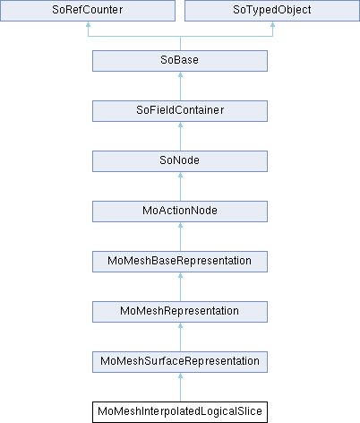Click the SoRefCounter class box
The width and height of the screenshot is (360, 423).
point(88,11)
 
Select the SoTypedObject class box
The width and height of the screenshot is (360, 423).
point(272,11)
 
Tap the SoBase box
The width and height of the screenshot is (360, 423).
point(180,61)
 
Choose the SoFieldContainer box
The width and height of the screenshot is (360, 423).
point(180,111)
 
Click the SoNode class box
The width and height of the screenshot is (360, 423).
point(180,161)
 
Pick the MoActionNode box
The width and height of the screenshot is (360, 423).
point(180,211)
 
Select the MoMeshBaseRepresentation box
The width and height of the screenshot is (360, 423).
point(180,262)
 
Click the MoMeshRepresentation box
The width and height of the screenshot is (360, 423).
point(180,312)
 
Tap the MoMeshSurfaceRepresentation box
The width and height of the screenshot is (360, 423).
point(180,362)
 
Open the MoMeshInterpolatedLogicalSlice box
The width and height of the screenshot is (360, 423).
point(180,412)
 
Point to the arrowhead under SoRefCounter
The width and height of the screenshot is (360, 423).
point(88,24)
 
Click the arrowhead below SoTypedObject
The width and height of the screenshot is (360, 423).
point(272,24)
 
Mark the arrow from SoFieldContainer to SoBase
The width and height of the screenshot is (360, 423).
point(180,86)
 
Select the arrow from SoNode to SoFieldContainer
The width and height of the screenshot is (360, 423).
point(180,136)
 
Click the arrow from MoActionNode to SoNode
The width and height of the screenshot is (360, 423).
point(180,186)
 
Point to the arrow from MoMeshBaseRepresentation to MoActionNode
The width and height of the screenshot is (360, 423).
point(180,237)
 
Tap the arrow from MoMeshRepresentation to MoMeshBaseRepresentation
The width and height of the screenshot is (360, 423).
point(180,287)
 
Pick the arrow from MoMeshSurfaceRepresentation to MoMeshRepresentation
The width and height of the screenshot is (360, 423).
point(180,337)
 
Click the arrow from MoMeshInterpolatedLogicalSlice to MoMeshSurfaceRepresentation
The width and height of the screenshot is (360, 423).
point(180,387)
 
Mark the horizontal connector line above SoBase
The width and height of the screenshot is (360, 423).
point(180,37)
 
